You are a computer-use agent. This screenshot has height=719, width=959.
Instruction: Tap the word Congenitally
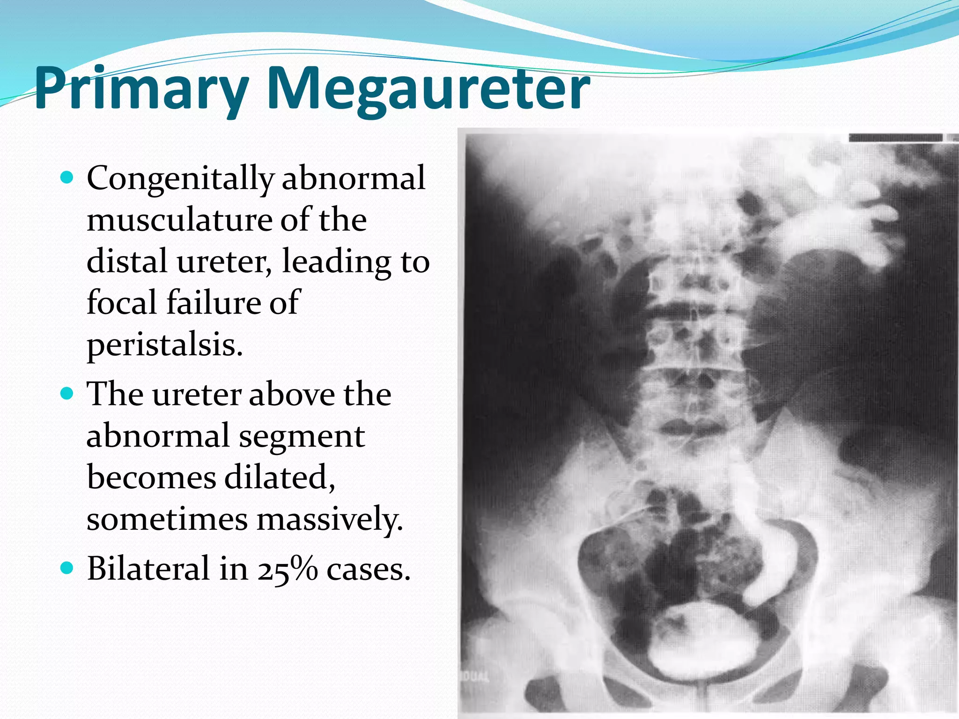[x=180, y=179]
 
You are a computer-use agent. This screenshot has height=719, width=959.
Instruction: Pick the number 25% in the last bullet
[x=287, y=569]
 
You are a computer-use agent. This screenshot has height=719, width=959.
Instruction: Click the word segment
[x=302, y=436]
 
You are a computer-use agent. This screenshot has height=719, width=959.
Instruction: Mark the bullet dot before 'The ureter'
[x=68, y=393]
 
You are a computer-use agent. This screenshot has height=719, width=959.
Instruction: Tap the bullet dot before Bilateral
[x=68, y=568]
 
